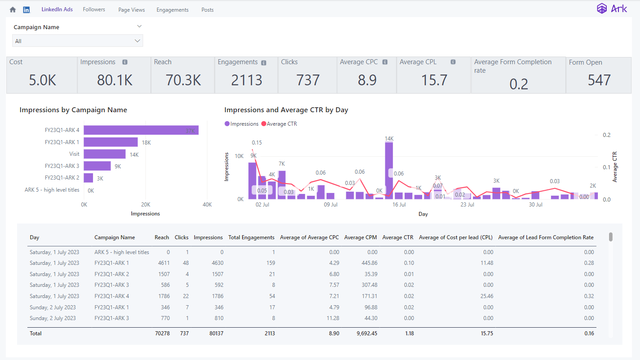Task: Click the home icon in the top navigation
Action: [13, 10]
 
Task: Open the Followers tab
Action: [94, 9]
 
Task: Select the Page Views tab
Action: [132, 10]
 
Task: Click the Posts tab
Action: [207, 10]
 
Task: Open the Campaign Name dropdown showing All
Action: [77, 41]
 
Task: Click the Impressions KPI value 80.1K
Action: [115, 80]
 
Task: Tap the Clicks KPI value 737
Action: [308, 80]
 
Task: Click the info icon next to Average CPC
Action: [385, 62]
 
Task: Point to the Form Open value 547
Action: [599, 80]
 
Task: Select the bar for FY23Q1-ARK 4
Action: [141, 130]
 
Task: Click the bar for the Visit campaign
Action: [105, 154]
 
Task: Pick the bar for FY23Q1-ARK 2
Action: [88, 178]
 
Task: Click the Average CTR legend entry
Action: [279, 124]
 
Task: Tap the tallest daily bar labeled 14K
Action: [389, 171]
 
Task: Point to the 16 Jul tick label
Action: [399, 205]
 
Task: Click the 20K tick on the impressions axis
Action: [146, 205]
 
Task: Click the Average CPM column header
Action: [360, 237]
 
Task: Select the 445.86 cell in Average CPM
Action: [369, 263]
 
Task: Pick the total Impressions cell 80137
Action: [216, 333]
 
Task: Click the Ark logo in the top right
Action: [612, 9]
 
